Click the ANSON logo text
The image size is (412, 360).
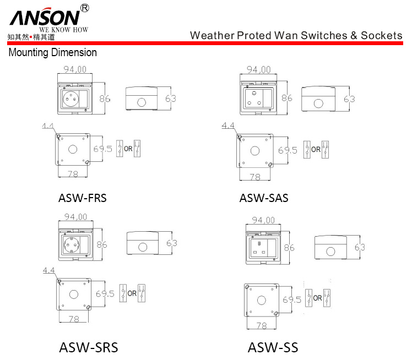click(x=45, y=17)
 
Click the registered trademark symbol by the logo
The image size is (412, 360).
click(x=85, y=8)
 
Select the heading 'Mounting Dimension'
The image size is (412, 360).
click(x=52, y=52)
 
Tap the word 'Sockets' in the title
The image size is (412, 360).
click(x=381, y=35)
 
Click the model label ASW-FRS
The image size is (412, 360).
click(x=82, y=198)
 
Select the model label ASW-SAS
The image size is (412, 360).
click(x=264, y=198)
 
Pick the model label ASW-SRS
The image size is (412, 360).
click(x=89, y=347)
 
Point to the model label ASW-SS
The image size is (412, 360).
click(x=273, y=347)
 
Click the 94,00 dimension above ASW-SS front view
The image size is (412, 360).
click(x=263, y=220)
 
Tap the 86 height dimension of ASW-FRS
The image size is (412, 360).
click(x=105, y=99)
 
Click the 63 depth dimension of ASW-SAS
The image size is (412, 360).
click(x=349, y=99)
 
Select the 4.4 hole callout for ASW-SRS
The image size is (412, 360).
click(x=49, y=270)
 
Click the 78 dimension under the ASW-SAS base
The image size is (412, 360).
click(x=255, y=177)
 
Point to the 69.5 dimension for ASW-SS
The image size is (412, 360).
click(x=292, y=299)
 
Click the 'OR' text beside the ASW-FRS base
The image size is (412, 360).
click(x=128, y=149)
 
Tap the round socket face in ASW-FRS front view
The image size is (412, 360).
click(x=71, y=99)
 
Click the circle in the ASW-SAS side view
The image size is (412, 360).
click(x=318, y=103)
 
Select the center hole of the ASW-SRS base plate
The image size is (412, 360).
click(x=74, y=294)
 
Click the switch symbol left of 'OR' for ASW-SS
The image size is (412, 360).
click(x=308, y=298)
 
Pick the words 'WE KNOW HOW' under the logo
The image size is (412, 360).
click(x=63, y=30)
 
